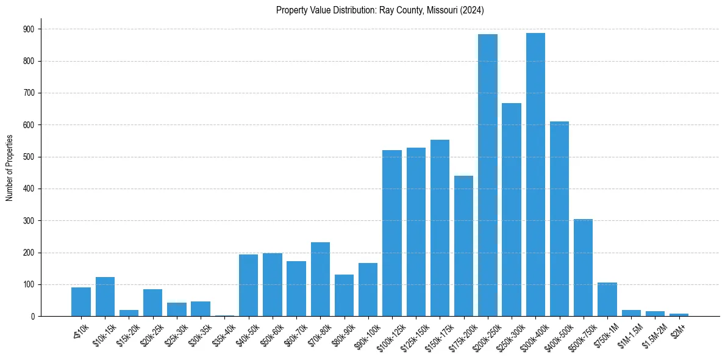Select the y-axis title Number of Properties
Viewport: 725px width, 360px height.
click(10, 168)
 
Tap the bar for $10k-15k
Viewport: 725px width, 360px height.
click(105, 297)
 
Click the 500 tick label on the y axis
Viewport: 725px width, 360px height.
click(29, 157)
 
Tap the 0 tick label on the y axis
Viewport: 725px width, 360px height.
click(32, 316)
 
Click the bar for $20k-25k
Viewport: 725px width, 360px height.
click(152, 303)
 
